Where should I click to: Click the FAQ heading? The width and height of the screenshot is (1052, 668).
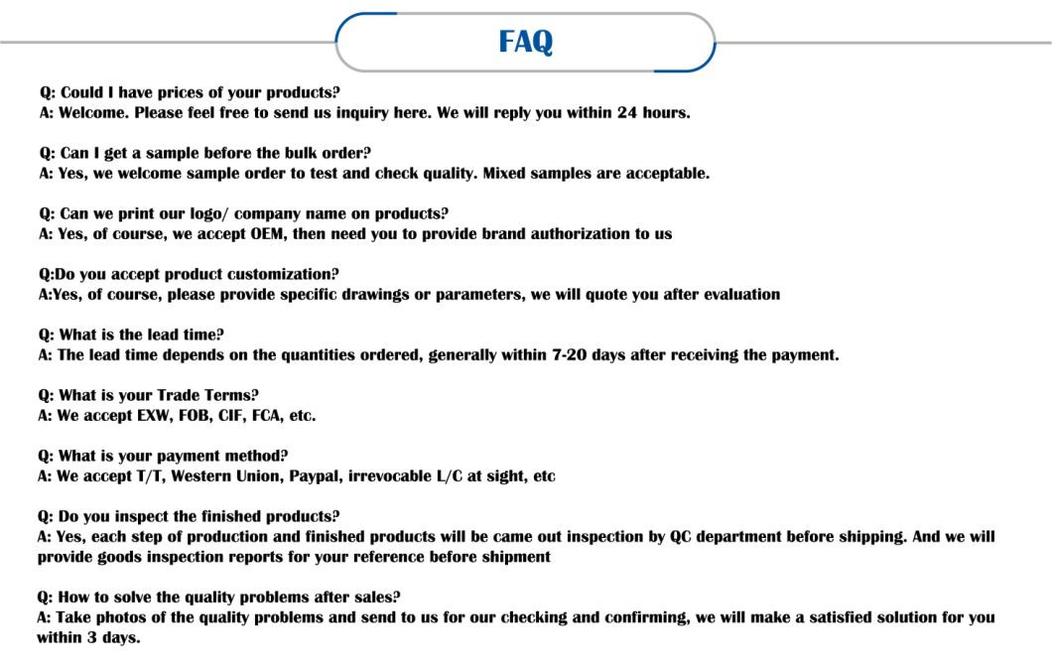pyautogui.click(x=525, y=42)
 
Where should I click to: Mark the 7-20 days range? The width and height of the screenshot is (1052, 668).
pyautogui.click(x=573, y=355)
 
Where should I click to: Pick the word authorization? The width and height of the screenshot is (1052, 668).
pyautogui.click(x=581, y=234)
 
